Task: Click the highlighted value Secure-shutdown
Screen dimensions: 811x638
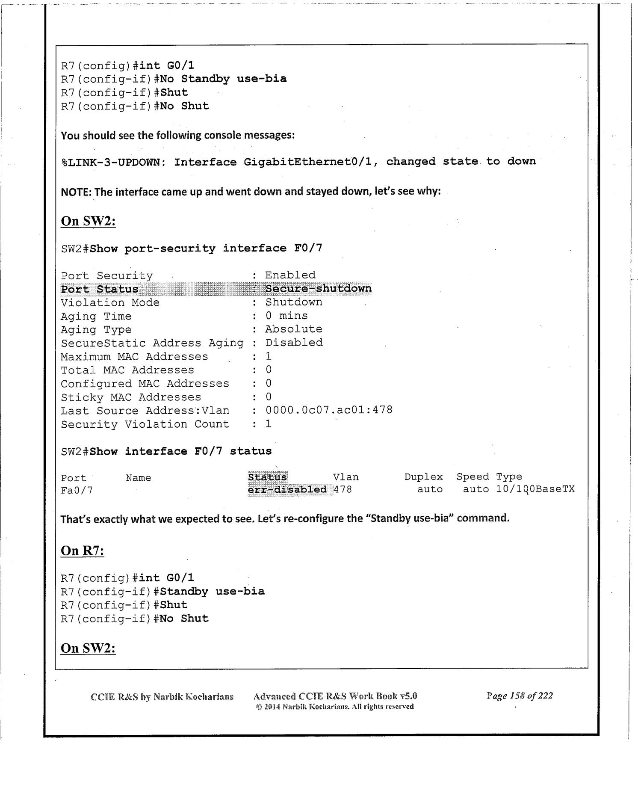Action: tap(318, 289)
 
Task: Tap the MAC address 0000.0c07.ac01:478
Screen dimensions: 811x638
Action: tap(329, 410)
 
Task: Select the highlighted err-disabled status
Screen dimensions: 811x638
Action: tap(287, 489)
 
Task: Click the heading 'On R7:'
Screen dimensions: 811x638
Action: tap(83, 551)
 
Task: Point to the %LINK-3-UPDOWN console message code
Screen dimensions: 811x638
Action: tap(113, 163)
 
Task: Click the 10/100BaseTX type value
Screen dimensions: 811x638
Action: tap(535, 489)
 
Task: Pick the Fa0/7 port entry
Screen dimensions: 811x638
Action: tap(77, 490)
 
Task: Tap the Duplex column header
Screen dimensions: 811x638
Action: tap(423, 477)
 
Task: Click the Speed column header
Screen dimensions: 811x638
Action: tap(473, 477)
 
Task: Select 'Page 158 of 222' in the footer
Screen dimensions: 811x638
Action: tap(520, 696)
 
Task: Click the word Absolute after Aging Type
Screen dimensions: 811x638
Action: tap(294, 329)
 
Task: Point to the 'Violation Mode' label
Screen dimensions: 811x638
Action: tap(110, 303)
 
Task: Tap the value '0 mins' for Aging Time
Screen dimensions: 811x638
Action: tap(287, 316)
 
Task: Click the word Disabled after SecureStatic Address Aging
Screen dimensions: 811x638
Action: tap(294, 343)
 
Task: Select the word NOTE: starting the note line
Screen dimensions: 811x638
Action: tap(76, 192)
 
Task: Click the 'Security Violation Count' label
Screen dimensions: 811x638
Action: tap(145, 424)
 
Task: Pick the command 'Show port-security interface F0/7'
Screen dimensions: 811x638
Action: tap(206, 249)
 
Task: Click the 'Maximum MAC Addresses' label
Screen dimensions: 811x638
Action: tap(134, 357)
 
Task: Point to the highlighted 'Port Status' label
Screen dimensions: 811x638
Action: tap(100, 289)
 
